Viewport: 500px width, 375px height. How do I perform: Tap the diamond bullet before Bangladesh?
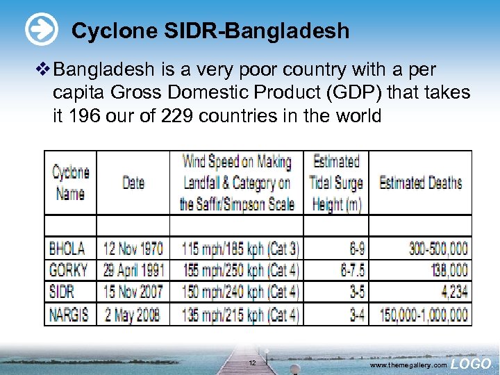(44, 69)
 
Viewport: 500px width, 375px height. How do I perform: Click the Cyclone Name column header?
(70, 183)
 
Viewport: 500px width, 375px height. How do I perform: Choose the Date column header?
(133, 183)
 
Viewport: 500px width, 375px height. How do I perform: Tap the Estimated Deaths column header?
(420, 183)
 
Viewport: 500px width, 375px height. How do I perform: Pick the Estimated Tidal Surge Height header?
(337, 183)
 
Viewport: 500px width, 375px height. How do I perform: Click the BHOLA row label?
(67, 248)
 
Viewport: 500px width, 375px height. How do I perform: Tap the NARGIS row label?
(69, 315)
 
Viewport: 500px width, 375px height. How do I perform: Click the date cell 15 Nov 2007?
(133, 292)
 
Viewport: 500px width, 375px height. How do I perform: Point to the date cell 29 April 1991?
(133, 269)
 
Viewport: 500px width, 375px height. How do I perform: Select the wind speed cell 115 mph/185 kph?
(240, 248)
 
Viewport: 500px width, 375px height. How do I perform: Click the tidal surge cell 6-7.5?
(351, 269)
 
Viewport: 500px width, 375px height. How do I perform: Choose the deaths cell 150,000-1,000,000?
(424, 315)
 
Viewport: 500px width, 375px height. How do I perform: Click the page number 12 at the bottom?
(253, 363)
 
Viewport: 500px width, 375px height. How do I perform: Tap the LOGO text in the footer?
(471, 363)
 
